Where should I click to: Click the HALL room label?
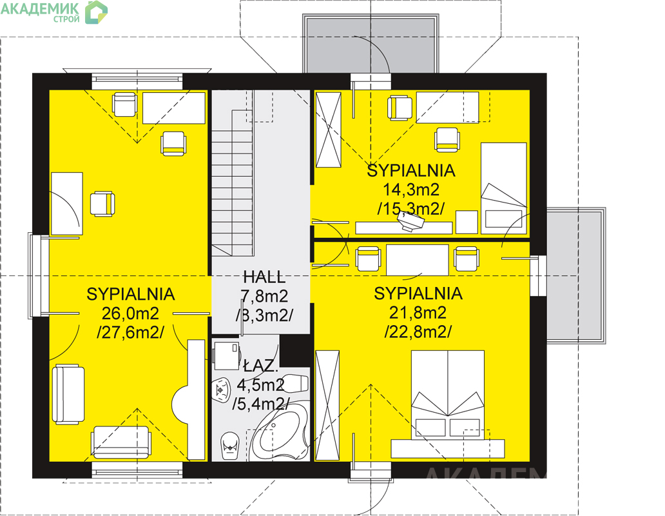(x=264, y=277)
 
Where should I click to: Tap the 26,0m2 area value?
(x=130, y=313)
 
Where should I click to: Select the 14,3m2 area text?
(x=411, y=189)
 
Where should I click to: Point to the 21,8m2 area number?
(x=418, y=313)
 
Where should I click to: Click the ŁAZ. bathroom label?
(x=261, y=366)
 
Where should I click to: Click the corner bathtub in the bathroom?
(x=278, y=431)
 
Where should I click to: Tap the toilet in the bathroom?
(x=230, y=446)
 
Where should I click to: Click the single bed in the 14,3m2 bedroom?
(x=503, y=188)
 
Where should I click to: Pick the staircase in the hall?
(x=233, y=183)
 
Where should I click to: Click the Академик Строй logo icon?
(x=96, y=12)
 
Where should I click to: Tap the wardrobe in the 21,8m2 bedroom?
(x=327, y=405)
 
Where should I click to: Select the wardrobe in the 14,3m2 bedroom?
(x=328, y=130)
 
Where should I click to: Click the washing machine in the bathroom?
(x=226, y=355)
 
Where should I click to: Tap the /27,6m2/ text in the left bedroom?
(x=130, y=332)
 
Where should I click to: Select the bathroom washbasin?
(x=220, y=388)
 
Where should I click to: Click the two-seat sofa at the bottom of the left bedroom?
(x=121, y=442)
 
